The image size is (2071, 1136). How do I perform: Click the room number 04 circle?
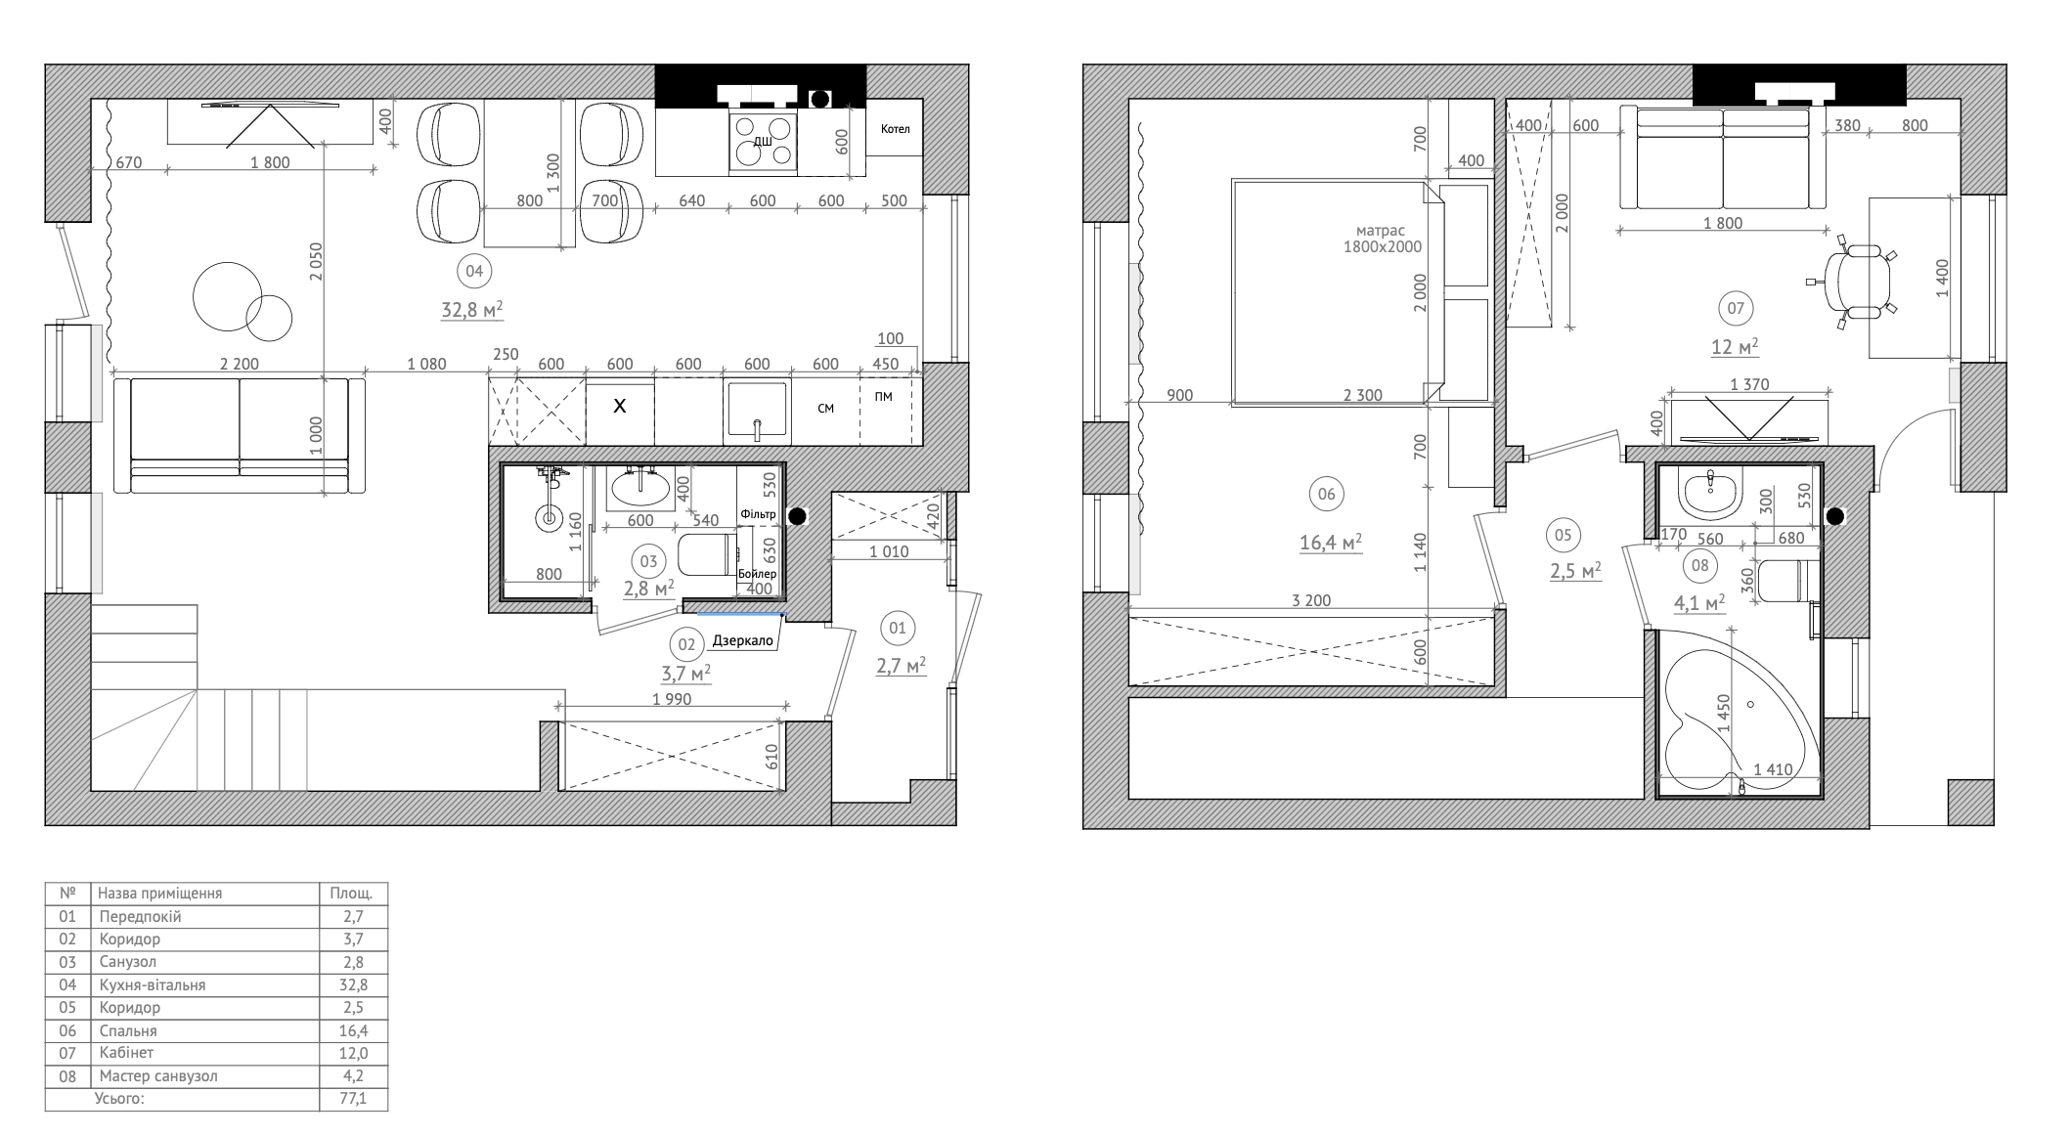tap(474, 271)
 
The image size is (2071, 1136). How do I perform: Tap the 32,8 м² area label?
tap(472, 311)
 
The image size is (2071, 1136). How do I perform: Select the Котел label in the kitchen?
tap(895, 129)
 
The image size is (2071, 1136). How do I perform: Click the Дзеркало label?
tap(743, 641)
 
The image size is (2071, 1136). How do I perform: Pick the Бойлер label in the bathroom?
tap(758, 574)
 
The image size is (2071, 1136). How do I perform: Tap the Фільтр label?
tap(758, 514)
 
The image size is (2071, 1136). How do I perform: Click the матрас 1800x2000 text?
tap(1382, 239)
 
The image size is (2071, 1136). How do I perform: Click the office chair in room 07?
tap(1853, 282)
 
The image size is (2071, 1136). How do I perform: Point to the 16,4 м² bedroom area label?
tap(1331, 544)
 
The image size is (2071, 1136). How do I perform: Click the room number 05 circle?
tap(1563, 535)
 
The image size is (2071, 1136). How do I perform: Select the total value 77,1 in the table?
tap(354, 1099)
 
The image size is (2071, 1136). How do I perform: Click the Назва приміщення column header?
tap(160, 894)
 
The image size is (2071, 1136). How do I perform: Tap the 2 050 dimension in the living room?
tap(316, 262)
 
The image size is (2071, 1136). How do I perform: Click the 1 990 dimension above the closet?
tap(672, 699)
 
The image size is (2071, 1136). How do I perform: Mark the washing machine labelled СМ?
tap(826, 409)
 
